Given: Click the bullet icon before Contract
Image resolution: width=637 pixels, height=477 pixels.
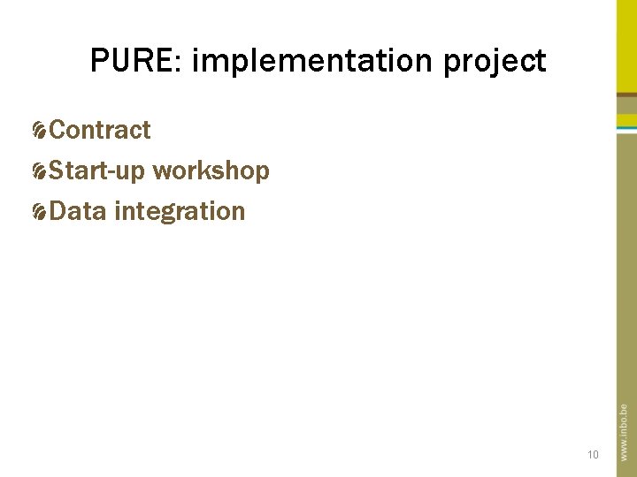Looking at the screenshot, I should click(40, 132).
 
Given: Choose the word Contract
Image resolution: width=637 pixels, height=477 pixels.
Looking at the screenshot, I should click(100, 131).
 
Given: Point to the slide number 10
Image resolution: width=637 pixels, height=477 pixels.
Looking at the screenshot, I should click(593, 455).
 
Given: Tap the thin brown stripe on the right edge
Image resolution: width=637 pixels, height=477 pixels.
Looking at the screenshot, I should click(626, 93).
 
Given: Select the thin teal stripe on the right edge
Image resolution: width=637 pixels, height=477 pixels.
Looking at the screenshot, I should click(626, 129).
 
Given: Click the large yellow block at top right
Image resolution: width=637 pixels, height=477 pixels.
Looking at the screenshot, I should click(626, 44).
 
